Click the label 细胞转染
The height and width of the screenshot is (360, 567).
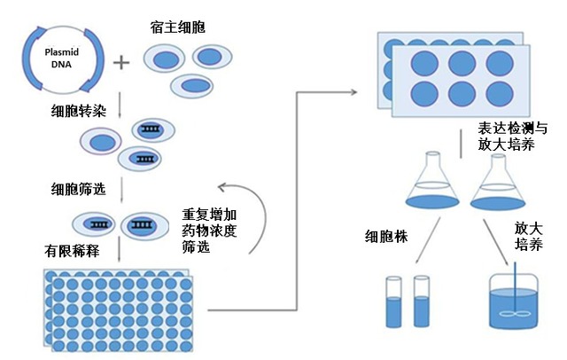point(78,113)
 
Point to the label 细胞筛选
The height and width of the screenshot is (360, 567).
point(78,189)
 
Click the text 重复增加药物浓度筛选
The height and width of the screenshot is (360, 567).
point(209,230)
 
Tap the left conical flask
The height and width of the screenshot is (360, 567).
point(426,183)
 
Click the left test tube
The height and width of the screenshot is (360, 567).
point(394,301)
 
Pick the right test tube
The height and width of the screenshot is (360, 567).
point(421,301)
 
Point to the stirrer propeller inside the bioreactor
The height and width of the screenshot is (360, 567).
point(511,314)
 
